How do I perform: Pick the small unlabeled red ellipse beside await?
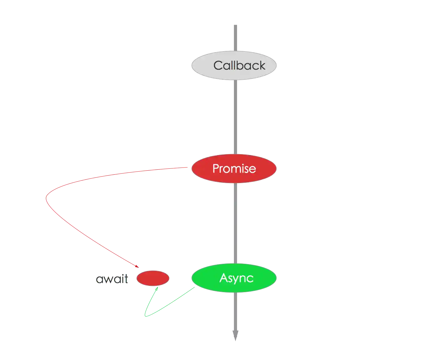pyautogui.click(x=153, y=278)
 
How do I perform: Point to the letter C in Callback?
pyautogui.click(x=218, y=66)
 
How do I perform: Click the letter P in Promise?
pyautogui.click(x=215, y=169)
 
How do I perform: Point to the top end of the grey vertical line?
pyautogui.click(x=235, y=24)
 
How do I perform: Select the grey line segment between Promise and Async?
pyautogui.click(x=235, y=223)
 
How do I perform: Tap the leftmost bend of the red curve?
pyautogui.click(x=46, y=198)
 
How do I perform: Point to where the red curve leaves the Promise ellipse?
pyautogui.click(x=188, y=168)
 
